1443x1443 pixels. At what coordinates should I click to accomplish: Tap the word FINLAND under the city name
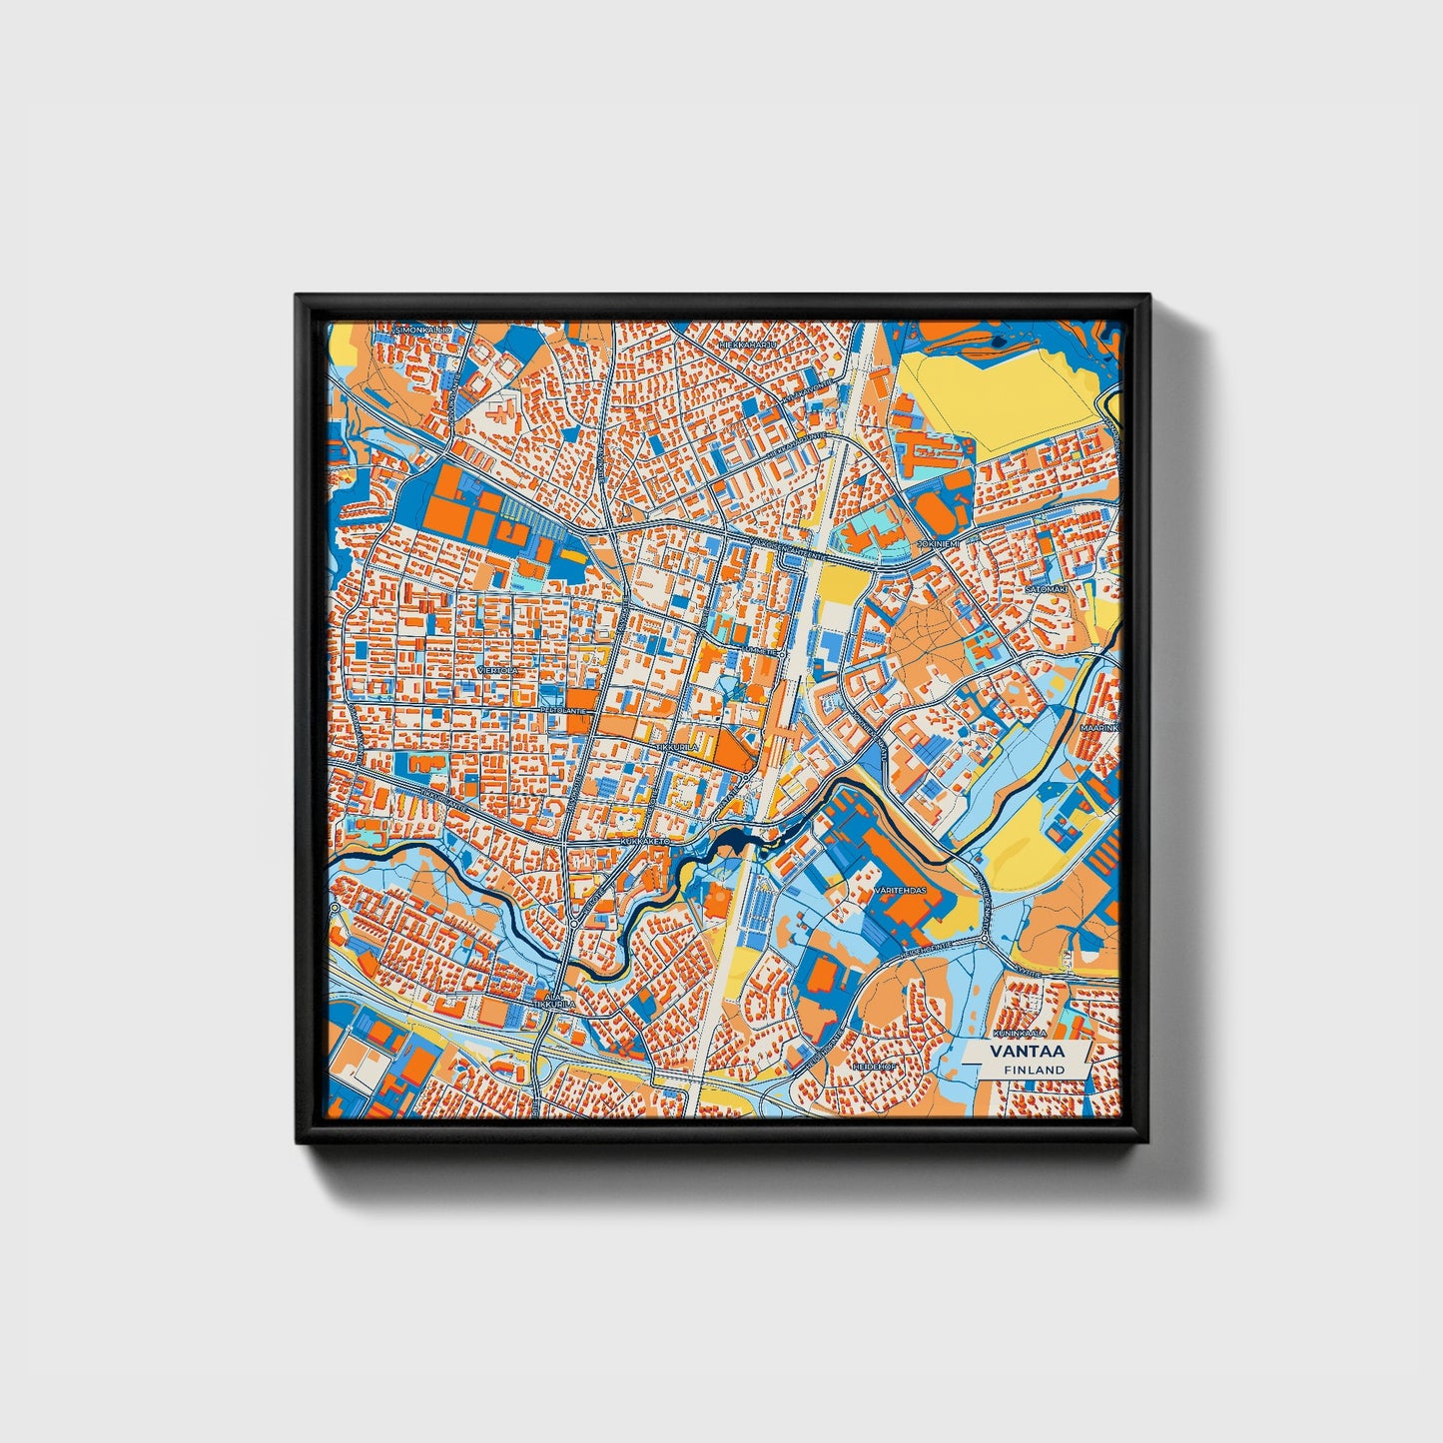point(1034,1070)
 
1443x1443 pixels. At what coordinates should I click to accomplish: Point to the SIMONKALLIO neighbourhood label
point(423,329)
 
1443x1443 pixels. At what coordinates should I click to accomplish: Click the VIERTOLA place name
point(498,670)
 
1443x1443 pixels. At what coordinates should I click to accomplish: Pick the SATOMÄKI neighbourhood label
point(1047,589)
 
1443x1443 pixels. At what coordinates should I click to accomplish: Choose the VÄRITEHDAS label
point(900,889)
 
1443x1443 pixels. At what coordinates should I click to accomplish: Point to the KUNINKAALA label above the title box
point(1019,1033)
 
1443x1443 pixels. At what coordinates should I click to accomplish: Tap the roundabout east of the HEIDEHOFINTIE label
point(985,940)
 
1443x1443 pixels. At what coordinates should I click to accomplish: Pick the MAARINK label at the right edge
point(1099,728)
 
